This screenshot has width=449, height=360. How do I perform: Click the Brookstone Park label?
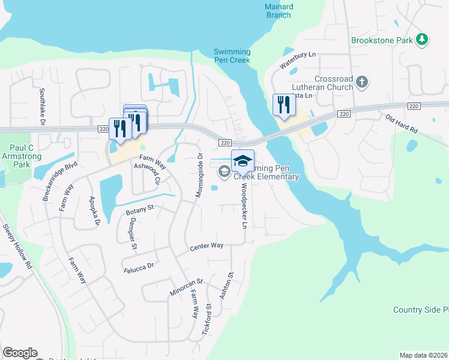click(382, 40)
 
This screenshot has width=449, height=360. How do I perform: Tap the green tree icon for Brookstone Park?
click(423, 40)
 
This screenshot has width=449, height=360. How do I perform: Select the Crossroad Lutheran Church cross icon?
click(361, 82)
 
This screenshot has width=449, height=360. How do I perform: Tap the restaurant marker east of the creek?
click(282, 106)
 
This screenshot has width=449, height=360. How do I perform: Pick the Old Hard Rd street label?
click(401, 125)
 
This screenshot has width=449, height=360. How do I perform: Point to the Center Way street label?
click(206, 247)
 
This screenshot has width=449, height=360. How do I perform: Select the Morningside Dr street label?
click(199, 175)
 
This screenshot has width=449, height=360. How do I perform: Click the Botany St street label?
click(140, 211)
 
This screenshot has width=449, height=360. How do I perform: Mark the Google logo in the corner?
click(20, 353)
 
